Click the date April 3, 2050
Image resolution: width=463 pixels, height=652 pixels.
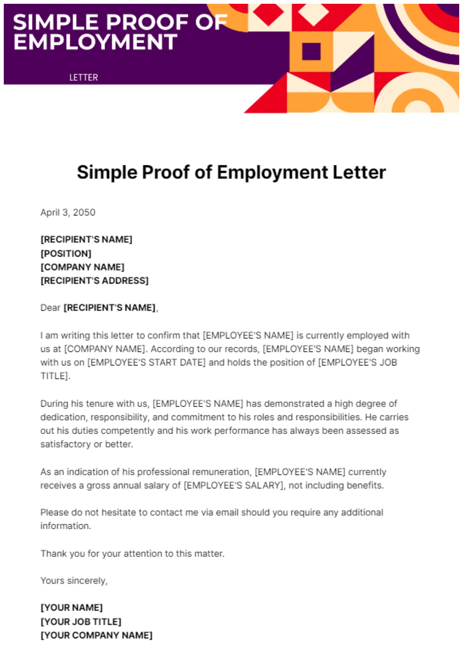(68, 212)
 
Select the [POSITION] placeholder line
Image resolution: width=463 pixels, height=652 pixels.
(66, 253)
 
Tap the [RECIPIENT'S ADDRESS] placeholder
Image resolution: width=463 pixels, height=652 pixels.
(94, 281)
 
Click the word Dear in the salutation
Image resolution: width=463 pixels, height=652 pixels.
(50, 307)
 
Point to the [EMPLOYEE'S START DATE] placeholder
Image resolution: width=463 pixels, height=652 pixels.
(146, 362)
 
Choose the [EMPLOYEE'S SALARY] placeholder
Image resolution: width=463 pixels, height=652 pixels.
(234, 486)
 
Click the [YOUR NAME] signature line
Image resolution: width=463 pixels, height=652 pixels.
(72, 608)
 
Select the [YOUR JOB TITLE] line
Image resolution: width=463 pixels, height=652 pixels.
(81, 622)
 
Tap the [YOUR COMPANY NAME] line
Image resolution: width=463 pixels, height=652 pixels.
(96, 635)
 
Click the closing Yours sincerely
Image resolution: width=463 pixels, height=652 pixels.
(74, 581)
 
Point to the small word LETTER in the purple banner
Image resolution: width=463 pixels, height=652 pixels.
(83, 78)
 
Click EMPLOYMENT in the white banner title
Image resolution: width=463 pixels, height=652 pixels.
(96, 42)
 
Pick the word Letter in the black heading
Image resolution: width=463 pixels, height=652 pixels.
(359, 172)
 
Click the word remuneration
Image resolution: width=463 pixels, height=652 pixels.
(222, 472)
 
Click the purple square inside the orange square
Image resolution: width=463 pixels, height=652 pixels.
(311, 52)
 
